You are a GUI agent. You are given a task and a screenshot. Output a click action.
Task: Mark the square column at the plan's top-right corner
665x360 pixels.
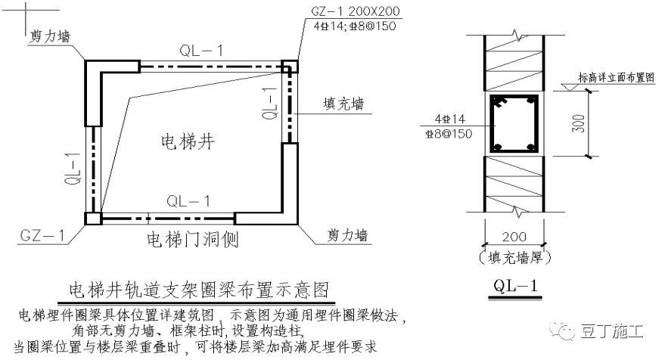(x=290, y=67)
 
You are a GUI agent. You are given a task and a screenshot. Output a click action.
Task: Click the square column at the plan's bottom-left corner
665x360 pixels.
(x=92, y=219)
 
